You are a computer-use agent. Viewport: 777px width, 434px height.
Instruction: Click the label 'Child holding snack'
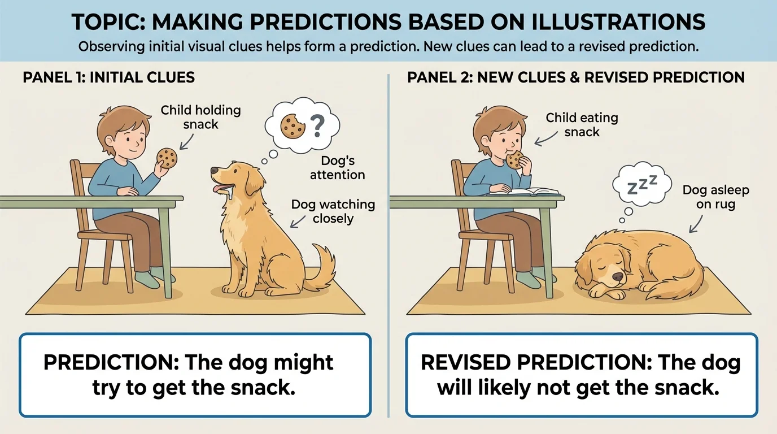pyautogui.click(x=200, y=116)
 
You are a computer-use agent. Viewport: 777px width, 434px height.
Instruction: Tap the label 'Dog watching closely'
pyautogui.click(x=333, y=211)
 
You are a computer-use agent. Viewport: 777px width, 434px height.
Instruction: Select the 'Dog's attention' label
pyautogui.click(x=338, y=168)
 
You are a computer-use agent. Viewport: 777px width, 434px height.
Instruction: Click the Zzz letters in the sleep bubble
pyautogui.click(x=643, y=184)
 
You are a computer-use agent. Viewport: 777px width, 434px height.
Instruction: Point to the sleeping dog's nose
pyautogui.click(x=619, y=277)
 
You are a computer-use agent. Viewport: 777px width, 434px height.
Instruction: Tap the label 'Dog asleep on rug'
pyautogui.click(x=715, y=197)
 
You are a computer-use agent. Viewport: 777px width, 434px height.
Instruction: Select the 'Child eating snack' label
pyautogui.click(x=582, y=124)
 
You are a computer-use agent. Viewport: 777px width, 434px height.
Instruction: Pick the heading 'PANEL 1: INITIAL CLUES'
pyautogui.click(x=108, y=77)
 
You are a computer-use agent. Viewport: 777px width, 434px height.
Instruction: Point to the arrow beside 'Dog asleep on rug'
pyautogui.click(x=694, y=225)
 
